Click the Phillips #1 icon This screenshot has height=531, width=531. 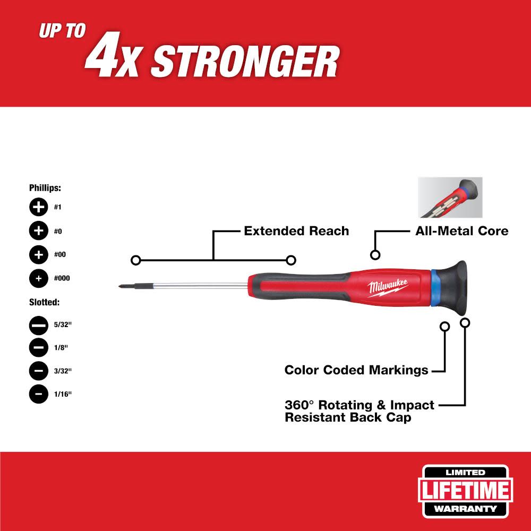tap(38, 208)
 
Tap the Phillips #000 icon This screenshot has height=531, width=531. tap(38, 278)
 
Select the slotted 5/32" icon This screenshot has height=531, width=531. tap(38, 324)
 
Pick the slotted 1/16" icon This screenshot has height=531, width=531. tap(38, 394)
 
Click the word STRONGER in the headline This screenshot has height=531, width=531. tap(244, 63)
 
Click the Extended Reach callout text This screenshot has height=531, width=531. tap(296, 231)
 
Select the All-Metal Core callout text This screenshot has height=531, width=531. tap(461, 231)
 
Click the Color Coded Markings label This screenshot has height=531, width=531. tap(356, 370)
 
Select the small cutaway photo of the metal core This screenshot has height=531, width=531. tap(450, 198)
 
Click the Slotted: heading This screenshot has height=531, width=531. tap(44, 302)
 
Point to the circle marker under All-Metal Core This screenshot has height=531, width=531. tap(375, 255)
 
